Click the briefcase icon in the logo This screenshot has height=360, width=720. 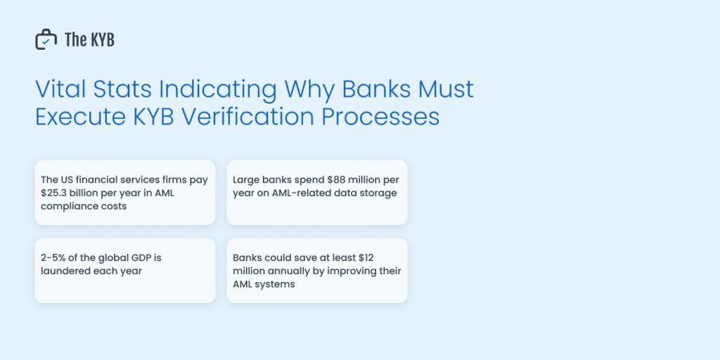coord(46,39)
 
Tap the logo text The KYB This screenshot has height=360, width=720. coord(89,40)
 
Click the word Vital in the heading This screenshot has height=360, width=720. coord(57,90)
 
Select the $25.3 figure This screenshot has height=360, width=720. coord(56,193)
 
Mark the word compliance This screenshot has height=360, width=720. coord(68,207)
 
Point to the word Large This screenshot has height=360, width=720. coord(247,180)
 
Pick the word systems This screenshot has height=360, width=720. coord(275,285)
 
